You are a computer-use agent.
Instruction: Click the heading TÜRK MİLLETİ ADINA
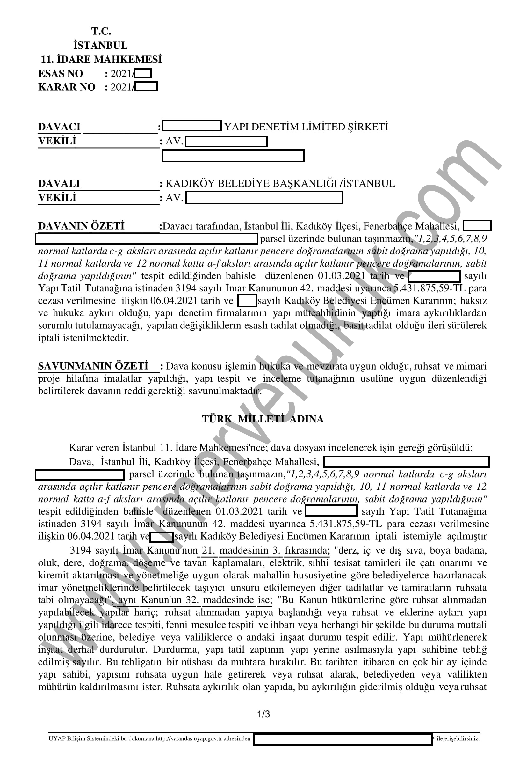click(263, 419)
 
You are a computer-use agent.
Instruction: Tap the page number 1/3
click(263, 714)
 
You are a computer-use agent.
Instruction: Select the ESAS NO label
click(60, 73)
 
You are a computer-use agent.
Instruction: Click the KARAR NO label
click(67, 87)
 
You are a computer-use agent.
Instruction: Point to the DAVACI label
click(59, 127)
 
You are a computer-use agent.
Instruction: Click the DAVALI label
click(59, 183)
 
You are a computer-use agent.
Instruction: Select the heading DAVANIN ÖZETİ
click(81, 226)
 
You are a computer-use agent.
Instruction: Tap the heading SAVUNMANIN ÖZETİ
click(93, 366)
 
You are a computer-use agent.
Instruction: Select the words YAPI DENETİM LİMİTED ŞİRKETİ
click(306, 127)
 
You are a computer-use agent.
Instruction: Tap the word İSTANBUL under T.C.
click(100, 45)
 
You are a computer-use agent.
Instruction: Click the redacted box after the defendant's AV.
click(264, 198)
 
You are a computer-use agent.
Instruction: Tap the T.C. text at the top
click(101, 31)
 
